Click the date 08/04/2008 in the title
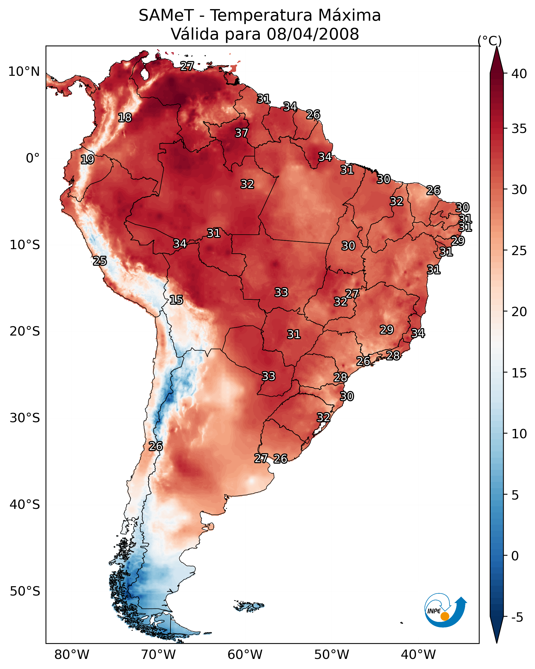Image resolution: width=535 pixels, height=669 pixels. (313, 34)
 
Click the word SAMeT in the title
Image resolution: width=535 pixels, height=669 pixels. (166, 15)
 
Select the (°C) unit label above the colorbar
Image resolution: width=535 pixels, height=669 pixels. (490, 41)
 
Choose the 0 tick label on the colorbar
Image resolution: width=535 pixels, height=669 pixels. (515, 556)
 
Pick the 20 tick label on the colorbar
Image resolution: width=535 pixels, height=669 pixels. (519, 311)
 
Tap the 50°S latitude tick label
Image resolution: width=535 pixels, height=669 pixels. (25, 591)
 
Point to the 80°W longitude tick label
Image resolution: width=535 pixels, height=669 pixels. (72, 655)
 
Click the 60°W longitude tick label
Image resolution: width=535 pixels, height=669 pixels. (245, 655)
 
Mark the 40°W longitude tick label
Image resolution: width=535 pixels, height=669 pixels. (418, 655)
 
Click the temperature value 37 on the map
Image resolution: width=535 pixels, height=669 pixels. (241, 133)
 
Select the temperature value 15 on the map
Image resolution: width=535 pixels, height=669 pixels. (176, 300)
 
